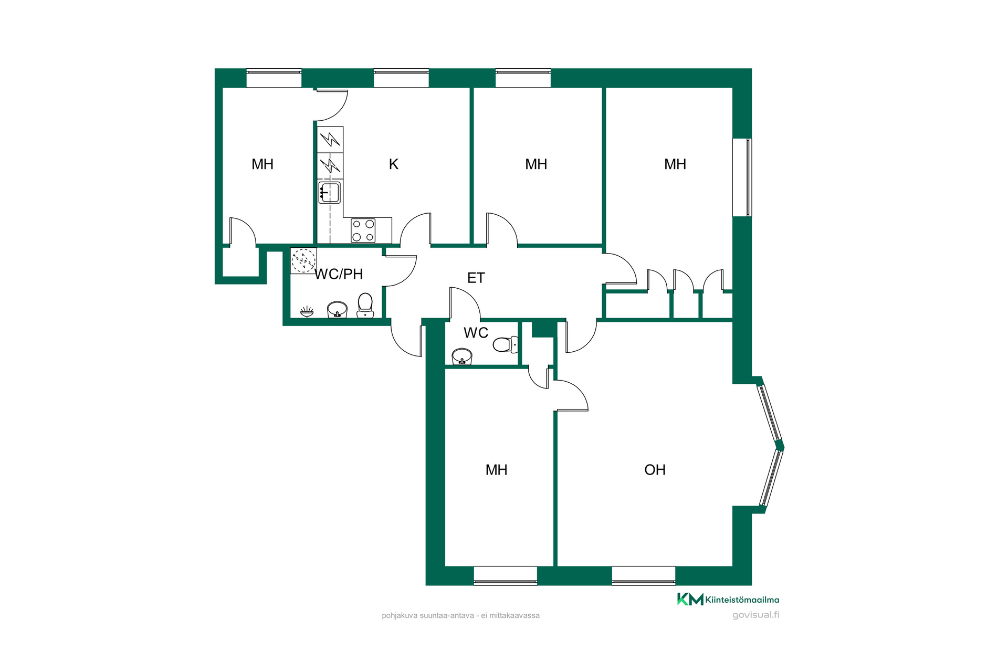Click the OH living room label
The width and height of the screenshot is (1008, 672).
(x=655, y=470)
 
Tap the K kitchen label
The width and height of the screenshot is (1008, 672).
(x=394, y=164)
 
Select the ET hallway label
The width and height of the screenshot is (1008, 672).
(x=476, y=278)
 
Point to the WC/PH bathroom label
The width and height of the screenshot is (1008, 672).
(x=339, y=274)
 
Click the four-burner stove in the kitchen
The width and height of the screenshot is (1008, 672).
(x=363, y=230)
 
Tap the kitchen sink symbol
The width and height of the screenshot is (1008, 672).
(x=329, y=192)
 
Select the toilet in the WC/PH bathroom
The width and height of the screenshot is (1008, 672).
(x=365, y=306)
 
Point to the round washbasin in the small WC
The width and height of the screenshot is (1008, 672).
(x=462, y=356)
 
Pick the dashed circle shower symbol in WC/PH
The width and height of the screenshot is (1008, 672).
(x=303, y=261)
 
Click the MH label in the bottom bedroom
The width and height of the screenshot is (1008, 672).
(x=497, y=470)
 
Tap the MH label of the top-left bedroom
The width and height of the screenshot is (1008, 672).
(x=262, y=164)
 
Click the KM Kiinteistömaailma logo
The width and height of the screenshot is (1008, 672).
(x=728, y=599)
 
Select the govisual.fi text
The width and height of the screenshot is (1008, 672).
(x=755, y=615)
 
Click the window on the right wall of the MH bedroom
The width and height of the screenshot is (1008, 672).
(x=742, y=177)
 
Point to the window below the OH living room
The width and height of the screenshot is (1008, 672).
(x=644, y=575)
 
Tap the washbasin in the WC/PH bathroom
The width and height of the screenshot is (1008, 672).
(x=337, y=310)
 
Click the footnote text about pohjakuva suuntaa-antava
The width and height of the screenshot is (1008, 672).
(x=460, y=615)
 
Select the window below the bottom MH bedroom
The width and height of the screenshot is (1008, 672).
(x=506, y=575)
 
